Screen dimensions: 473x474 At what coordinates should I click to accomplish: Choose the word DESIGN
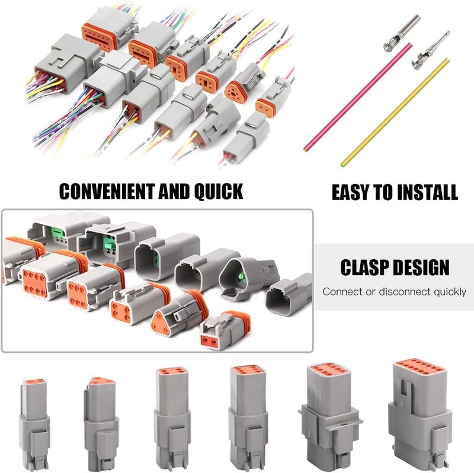pos(421,267)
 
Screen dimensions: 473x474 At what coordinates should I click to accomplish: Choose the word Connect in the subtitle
pos(341,292)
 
